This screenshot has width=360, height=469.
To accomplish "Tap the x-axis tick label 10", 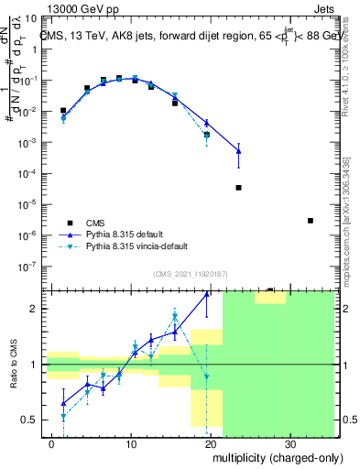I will coord(132,444).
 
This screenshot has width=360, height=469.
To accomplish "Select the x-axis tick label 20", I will coord(211,444).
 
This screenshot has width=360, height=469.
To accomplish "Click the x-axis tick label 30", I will coord(289,444).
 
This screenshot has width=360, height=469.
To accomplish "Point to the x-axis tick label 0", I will coord(53,444).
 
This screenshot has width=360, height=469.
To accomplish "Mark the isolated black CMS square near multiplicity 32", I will coord(311,221).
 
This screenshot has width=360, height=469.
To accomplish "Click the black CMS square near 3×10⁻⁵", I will coord(238,188).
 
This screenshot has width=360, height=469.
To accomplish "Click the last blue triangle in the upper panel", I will coord(238,150).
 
